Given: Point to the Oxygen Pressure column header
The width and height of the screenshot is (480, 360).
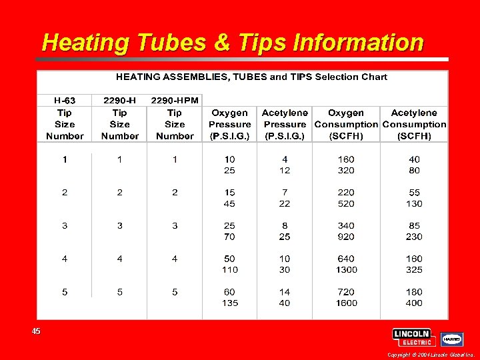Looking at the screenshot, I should coord(229,124).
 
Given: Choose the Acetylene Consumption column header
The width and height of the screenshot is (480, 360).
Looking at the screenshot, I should coord(414,124).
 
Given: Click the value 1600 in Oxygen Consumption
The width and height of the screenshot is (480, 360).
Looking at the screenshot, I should coord(346,303).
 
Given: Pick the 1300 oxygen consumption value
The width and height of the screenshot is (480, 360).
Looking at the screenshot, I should coord(346,270).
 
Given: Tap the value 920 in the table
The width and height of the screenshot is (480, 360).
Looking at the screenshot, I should coord(346,237).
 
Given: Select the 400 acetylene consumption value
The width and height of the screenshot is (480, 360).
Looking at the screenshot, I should coord(414,303).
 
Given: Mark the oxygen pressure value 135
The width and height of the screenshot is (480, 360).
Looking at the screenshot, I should coord(229,303).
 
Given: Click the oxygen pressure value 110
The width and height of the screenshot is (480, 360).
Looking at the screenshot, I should coord(229,270).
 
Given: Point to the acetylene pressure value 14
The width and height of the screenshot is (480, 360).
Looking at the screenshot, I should coord(285,291).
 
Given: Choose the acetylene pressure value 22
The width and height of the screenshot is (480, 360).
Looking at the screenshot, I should coord(285,203).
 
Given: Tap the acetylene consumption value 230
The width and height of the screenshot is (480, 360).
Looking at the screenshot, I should coord(414,237).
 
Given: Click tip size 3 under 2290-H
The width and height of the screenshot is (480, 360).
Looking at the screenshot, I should coord(120,225).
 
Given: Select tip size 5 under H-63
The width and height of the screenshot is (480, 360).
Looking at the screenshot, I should coord(65,291).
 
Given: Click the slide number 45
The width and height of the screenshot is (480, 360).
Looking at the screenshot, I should coord(35,331).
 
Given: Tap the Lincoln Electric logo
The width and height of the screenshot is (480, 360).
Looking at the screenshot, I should coord(413,337).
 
